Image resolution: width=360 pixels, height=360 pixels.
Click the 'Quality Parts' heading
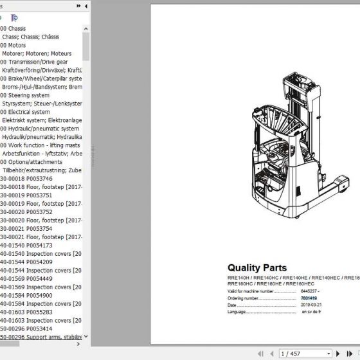(x=257, y=268)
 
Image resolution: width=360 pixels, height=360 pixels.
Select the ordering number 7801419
(x=309, y=298)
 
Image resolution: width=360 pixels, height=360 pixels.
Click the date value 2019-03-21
(x=312, y=305)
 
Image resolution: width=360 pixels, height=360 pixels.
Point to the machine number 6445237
(x=310, y=291)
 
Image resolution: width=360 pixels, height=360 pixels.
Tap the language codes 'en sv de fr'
(x=312, y=312)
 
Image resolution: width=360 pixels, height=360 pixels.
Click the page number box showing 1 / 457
(x=297, y=353)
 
